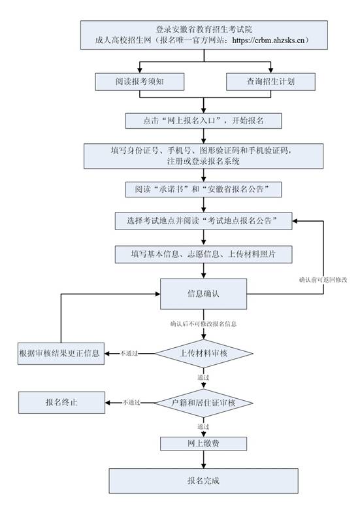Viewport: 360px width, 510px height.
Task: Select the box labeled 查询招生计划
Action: tap(271, 81)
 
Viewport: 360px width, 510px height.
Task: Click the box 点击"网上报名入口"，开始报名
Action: tap(204, 121)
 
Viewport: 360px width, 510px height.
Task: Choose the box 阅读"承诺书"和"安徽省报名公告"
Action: tap(205, 189)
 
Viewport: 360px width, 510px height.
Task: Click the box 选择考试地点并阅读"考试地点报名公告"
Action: tap(204, 221)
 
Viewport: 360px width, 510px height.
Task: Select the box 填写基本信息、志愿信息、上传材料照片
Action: tap(204, 253)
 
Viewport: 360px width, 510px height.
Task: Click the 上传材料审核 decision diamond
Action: tap(204, 354)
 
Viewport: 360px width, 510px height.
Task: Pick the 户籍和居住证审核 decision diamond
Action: tap(204, 403)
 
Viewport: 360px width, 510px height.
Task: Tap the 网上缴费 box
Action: tap(204, 443)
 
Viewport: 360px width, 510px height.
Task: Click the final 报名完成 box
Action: tap(204, 481)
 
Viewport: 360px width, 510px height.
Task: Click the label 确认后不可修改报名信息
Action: tap(203, 324)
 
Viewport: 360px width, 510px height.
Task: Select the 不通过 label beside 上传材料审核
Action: tap(129, 354)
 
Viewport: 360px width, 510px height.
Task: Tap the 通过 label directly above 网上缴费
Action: tap(203, 427)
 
